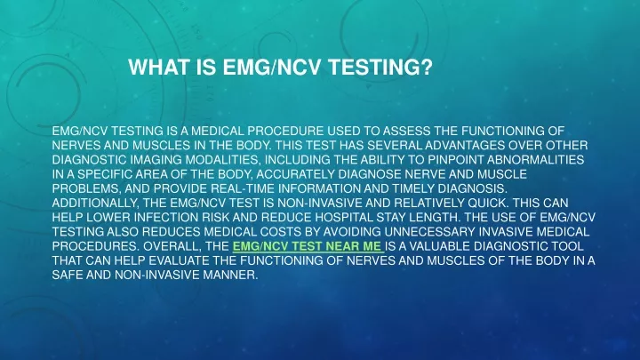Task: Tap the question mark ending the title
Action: pos(427,67)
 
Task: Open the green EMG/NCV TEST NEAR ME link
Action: pos(308,246)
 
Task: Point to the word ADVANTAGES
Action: pos(465,145)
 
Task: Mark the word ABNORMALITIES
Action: pos(535,160)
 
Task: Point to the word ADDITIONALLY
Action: pos(95,203)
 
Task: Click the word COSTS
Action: pos(282,232)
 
